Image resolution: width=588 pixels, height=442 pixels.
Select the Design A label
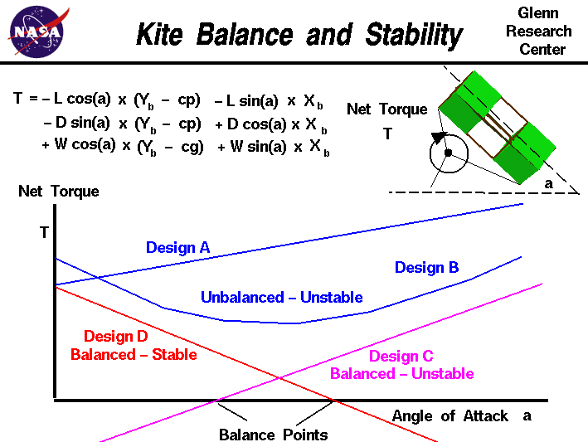(177, 247)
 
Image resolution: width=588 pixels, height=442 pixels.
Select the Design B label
(426, 267)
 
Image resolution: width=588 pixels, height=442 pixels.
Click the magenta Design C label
(401, 357)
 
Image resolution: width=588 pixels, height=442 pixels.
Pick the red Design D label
(115, 337)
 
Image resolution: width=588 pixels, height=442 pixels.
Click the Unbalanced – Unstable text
(281, 297)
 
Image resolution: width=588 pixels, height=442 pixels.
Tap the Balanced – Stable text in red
(134, 355)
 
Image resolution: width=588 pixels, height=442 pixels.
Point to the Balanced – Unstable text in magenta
(401, 374)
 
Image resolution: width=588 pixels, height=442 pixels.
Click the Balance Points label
(273, 435)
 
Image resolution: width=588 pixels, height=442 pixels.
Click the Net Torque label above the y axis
(58, 192)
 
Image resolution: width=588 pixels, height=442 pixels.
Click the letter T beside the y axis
(44, 232)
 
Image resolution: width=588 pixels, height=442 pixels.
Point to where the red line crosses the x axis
(334, 401)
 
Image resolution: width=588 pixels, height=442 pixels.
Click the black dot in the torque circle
(448, 153)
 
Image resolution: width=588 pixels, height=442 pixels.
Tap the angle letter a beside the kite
(548, 183)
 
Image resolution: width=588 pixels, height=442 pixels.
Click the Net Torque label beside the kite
(386, 109)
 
